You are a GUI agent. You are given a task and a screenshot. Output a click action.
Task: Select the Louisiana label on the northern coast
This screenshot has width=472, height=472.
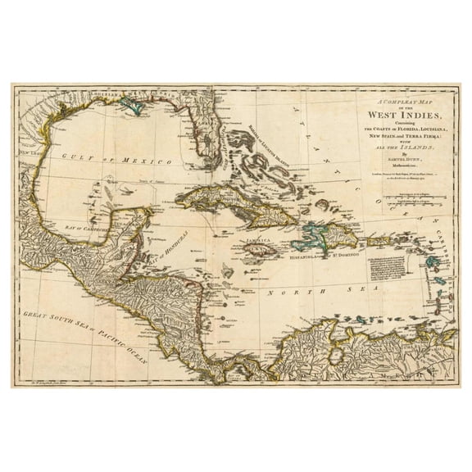coord(90,97)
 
